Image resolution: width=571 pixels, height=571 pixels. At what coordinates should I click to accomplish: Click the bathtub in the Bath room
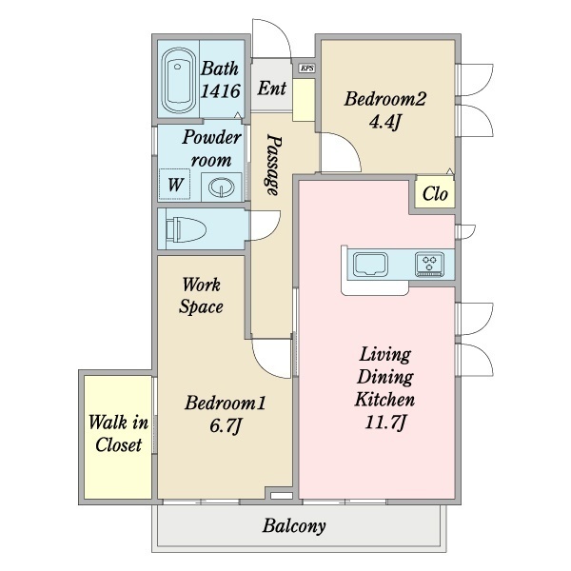(x=177, y=81)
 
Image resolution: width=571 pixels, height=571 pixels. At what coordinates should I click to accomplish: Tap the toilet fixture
(x=187, y=229)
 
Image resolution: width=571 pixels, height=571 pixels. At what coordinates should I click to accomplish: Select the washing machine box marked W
(x=175, y=185)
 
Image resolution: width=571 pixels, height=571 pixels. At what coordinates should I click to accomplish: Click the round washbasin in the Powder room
(x=222, y=187)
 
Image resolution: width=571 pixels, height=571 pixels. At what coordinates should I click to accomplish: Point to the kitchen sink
(x=371, y=264)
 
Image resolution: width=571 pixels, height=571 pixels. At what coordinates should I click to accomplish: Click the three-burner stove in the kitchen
(x=430, y=264)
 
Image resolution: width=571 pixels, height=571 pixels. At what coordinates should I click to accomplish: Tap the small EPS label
(x=307, y=68)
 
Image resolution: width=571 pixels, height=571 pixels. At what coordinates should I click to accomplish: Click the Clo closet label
(x=435, y=194)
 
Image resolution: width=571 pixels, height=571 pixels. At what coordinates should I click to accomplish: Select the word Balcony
(x=294, y=526)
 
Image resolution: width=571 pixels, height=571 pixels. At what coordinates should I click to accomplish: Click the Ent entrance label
(x=271, y=89)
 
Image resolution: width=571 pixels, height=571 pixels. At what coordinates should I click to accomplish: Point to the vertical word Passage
(x=273, y=166)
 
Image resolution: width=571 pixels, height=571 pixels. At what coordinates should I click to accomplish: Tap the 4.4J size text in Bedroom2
(x=384, y=123)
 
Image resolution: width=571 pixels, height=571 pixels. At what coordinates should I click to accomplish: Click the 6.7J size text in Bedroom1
(x=226, y=425)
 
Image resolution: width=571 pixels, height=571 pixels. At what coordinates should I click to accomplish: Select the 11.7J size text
(x=384, y=423)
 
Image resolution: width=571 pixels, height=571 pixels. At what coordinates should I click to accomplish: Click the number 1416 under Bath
(x=221, y=90)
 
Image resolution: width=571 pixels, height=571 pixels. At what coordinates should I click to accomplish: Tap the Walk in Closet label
(x=118, y=434)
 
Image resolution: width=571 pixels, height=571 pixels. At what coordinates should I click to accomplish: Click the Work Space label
(x=201, y=295)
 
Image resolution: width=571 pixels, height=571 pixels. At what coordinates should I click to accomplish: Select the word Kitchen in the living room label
(x=384, y=400)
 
